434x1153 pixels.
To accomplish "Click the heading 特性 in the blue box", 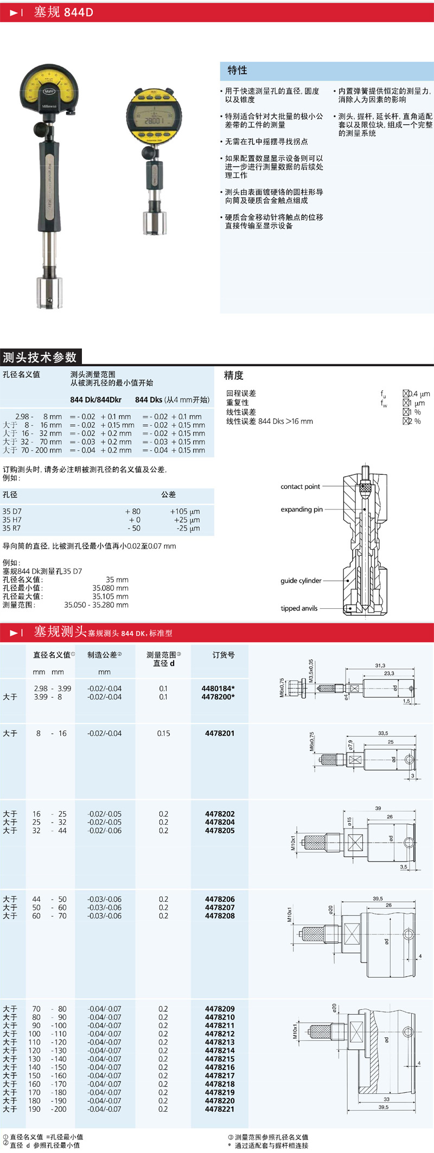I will [237, 70].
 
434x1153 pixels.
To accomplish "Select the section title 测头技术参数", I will [40, 357].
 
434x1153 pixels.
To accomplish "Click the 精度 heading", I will [234, 375].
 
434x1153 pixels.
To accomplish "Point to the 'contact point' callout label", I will [300, 487].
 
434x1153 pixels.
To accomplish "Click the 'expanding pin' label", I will [302, 509].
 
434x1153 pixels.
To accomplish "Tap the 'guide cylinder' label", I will [301, 581].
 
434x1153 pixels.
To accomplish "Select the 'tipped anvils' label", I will [299, 608].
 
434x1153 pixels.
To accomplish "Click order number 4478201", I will [220, 733].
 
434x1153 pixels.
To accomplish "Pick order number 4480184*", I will [218, 689].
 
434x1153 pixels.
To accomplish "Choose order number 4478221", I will [220, 1109].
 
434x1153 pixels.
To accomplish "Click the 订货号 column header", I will [224, 655].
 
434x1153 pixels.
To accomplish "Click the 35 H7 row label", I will [11, 520].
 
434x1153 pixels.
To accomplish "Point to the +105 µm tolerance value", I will [184, 511].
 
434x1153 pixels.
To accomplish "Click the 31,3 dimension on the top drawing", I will [380, 665].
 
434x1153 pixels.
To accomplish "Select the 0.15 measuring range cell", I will [163, 733].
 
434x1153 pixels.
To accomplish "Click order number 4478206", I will [220, 899].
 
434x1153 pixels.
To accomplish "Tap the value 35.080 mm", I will [110, 588].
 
